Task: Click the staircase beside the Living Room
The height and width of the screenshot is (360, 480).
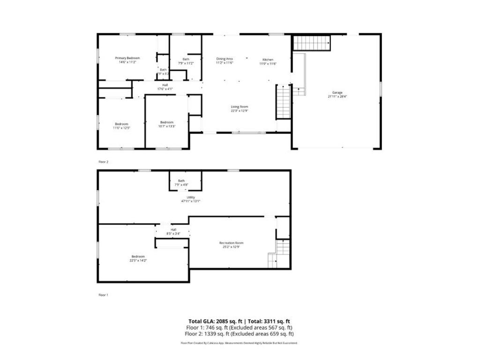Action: pyautogui.click(x=283, y=102)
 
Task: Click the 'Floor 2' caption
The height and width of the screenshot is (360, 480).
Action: pyautogui.click(x=103, y=161)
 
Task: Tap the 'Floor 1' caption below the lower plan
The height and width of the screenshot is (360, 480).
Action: pyautogui.click(x=103, y=295)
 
